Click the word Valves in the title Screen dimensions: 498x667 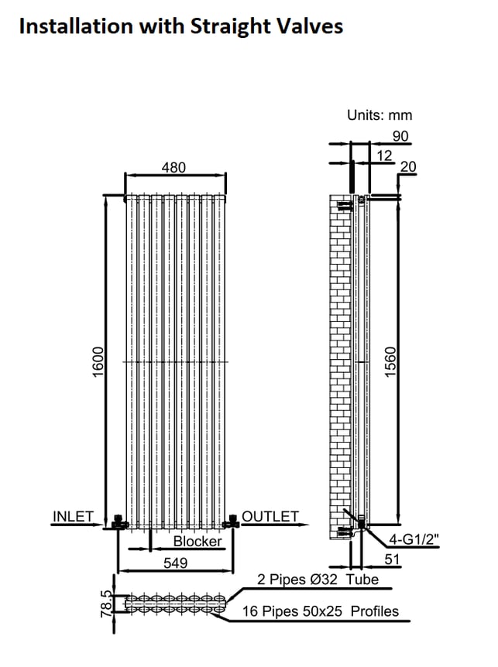coord(310,26)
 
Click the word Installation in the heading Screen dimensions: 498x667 coord(76,26)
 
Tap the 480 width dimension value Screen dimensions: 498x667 coord(173,168)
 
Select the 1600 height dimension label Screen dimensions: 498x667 coord(98,362)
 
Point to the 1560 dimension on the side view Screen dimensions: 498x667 coord(390,362)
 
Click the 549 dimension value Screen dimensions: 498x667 coord(175,563)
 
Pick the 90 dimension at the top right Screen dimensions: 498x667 coord(400,136)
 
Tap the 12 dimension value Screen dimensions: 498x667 coord(384,156)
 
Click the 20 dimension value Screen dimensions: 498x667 coord(407,167)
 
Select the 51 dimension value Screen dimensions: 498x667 coord(392,559)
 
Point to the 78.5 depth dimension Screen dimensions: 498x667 coord(106,604)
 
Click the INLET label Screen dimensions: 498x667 coord(73,516)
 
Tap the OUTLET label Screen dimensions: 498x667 coord(270,516)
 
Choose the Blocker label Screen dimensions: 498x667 coord(197,541)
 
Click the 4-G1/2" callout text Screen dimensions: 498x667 coord(414,539)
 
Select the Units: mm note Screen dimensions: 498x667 coord(380,115)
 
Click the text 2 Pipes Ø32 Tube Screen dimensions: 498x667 coord(318,579)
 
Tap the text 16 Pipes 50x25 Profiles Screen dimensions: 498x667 coord(321,611)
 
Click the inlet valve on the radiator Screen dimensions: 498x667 coord(119,522)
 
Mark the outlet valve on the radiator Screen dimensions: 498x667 coord(231,521)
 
